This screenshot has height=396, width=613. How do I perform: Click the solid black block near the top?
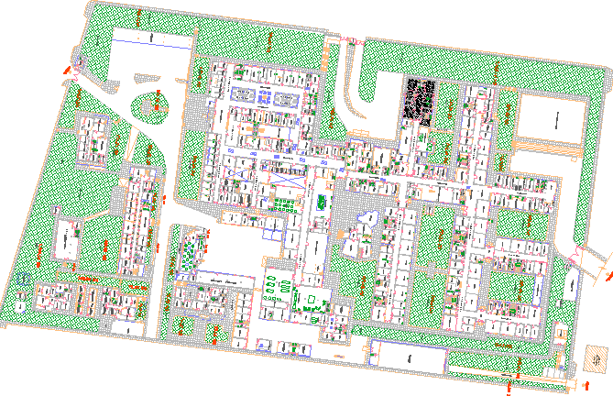point(421,98)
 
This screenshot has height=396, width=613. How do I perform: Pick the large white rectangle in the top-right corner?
point(553,119)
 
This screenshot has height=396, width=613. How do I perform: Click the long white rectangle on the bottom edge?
point(406,356)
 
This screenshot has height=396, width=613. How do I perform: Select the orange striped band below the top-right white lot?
point(545,147)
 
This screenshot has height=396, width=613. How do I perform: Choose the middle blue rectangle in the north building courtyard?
point(267,94)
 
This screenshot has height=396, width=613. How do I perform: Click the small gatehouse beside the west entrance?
point(78,64)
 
